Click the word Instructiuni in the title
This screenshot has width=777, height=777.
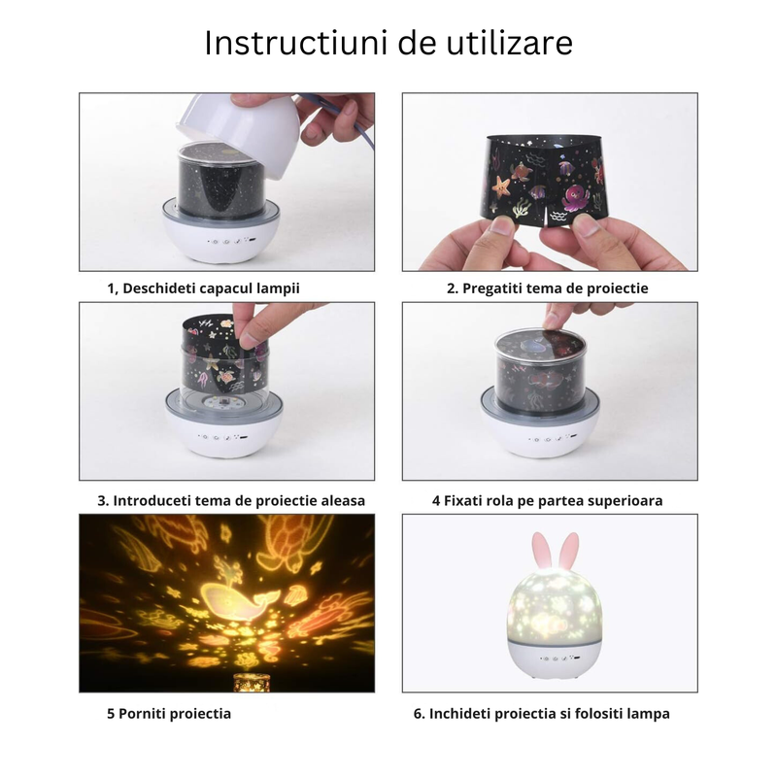[x=296, y=43]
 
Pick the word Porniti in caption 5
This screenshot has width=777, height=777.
[x=142, y=714]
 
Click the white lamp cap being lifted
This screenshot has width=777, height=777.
[x=239, y=130]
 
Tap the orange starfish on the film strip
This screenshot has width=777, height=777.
[x=500, y=186]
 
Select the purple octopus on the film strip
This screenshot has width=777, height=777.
[x=575, y=197]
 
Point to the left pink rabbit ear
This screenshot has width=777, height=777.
[x=541, y=550]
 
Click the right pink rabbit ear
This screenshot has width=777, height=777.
[x=569, y=550]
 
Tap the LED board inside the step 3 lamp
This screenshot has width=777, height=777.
[x=224, y=403]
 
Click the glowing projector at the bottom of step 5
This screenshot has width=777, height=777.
[x=252, y=682]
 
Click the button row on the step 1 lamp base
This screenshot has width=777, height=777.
[x=231, y=241]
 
